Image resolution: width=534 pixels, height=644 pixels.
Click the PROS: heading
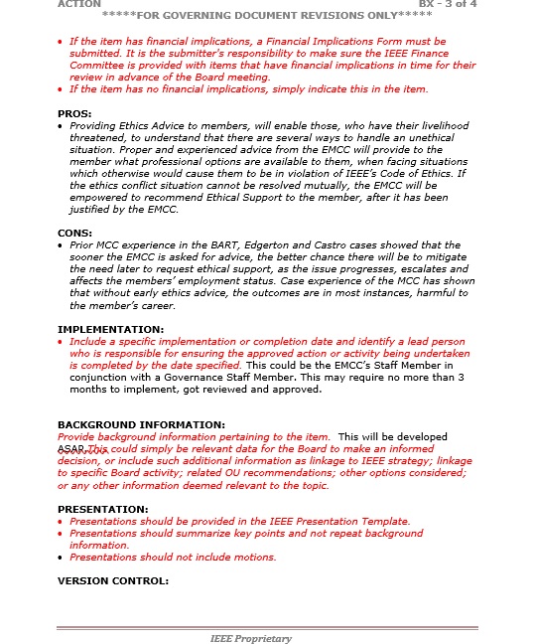click(x=74, y=114)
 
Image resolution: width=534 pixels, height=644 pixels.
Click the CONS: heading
click(x=74, y=233)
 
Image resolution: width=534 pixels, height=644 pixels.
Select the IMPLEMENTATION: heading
click(x=111, y=329)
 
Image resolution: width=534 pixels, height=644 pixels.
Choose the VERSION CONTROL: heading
click(x=113, y=581)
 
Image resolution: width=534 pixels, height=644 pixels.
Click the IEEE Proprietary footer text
click(x=251, y=638)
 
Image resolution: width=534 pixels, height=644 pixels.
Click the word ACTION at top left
click(x=79, y=4)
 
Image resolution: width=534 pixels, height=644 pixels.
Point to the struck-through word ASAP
click(x=71, y=449)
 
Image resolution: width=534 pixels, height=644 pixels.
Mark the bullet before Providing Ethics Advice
click(x=62, y=126)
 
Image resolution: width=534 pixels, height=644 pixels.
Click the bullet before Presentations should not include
click(x=62, y=557)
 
